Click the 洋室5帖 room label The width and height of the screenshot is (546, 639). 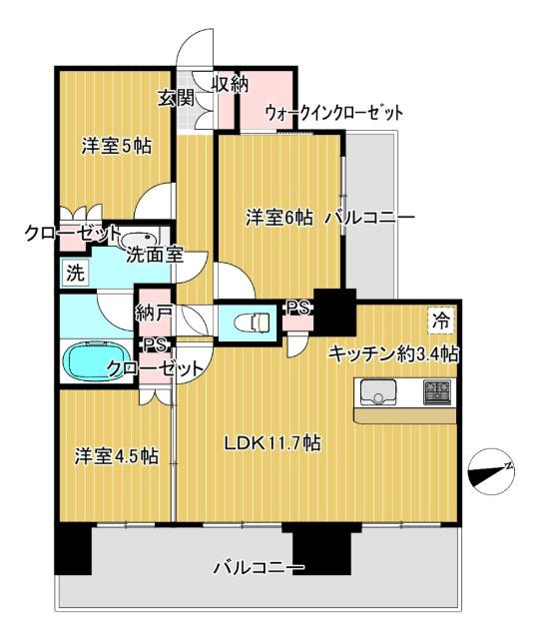tap(116, 146)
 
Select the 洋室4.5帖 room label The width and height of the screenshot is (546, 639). tap(117, 456)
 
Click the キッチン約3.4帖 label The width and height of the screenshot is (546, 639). tap(394, 352)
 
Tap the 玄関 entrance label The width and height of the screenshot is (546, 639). tap(175, 98)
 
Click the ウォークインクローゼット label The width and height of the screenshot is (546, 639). tap(334, 113)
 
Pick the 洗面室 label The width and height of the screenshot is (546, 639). tap(154, 255)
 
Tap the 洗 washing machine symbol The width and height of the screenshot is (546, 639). tap(76, 271)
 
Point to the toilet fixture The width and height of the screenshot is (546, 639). tap(253, 322)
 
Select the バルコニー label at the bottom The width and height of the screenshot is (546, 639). tap(258, 569)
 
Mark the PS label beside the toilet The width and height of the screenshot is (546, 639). tap(296, 309)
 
